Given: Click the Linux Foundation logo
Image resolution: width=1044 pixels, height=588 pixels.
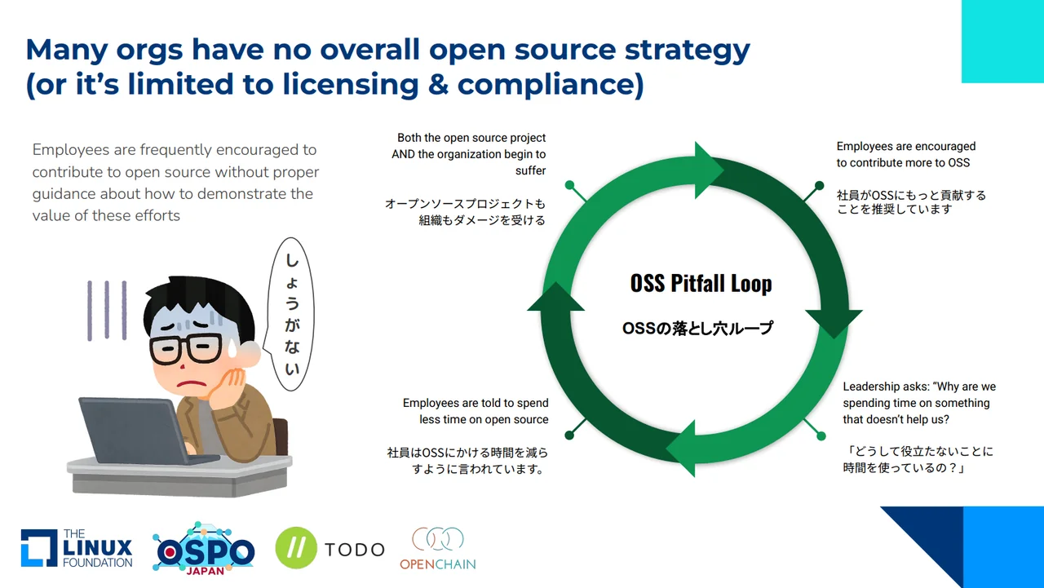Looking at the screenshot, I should pyautogui.click(x=77, y=548).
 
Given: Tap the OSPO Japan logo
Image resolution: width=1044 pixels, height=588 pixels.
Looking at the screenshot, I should pyautogui.click(x=203, y=547).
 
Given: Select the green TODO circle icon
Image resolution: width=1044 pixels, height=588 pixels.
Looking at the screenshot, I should pyautogui.click(x=295, y=548).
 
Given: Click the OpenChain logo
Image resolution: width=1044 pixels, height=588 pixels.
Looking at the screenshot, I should pyautogui.click(x=437, y=548).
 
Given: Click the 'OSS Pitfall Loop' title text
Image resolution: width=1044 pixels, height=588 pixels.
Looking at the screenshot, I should pyautogui.click(x=701, y=283).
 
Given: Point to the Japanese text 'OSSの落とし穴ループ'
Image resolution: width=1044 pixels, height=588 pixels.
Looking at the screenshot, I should pyautogui.click(x=697, y=329).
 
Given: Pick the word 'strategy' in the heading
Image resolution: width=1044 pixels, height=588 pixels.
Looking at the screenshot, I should pyautogui.click(x=687, y=50).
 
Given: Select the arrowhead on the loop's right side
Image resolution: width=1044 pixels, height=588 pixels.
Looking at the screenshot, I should pyautogui.click(x=834, y=321).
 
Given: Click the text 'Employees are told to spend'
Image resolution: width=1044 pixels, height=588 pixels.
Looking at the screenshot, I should pyautogui.click(x=476, y=403).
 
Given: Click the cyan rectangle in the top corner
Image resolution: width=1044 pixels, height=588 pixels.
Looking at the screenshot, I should pyautogui.click(x=1002, y=41).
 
